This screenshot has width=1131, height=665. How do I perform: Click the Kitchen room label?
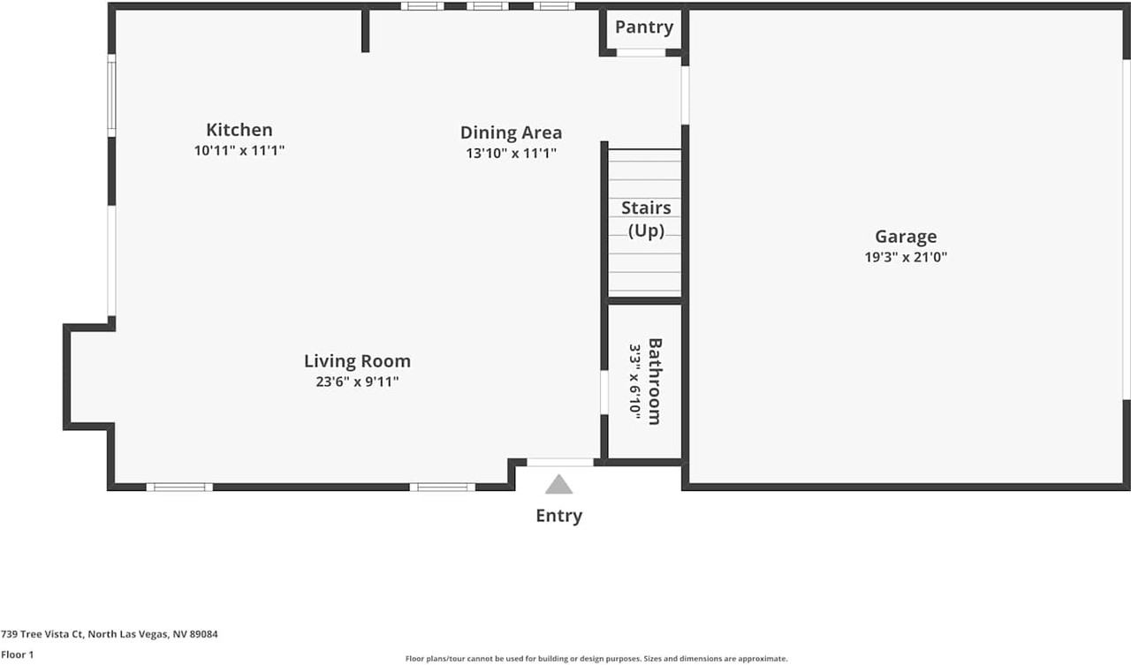tap(239, 130)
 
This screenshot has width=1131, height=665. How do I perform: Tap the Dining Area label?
tap(511, 132)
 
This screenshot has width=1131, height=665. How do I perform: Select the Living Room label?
tap(357, 360)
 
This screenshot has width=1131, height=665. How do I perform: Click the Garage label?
tap(906, 236)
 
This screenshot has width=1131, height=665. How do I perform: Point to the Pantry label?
tap(643, 26)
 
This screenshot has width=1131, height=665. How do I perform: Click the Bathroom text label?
tap(655, 381)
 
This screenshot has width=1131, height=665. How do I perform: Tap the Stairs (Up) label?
tap(646, 219)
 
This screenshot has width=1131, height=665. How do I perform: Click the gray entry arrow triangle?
tap(558, 485)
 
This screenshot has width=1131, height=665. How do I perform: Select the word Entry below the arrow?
tap(558, 516)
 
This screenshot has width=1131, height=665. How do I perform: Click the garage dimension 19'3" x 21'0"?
tap(906, 258)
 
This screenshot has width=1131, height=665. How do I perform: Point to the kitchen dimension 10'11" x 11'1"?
tap(239, 151)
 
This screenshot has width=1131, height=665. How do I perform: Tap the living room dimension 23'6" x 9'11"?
tap(357, 382)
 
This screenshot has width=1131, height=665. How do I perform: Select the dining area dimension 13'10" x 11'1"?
tap(511, 154)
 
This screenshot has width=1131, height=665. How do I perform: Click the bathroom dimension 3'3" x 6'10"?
tap(634, 380)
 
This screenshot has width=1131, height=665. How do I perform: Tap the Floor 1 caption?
tap(18, 655)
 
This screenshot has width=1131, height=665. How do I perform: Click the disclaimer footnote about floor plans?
tap(596, 659)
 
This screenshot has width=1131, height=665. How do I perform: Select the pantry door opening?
tap(641, 53)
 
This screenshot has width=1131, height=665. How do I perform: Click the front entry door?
tap(560, 462)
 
